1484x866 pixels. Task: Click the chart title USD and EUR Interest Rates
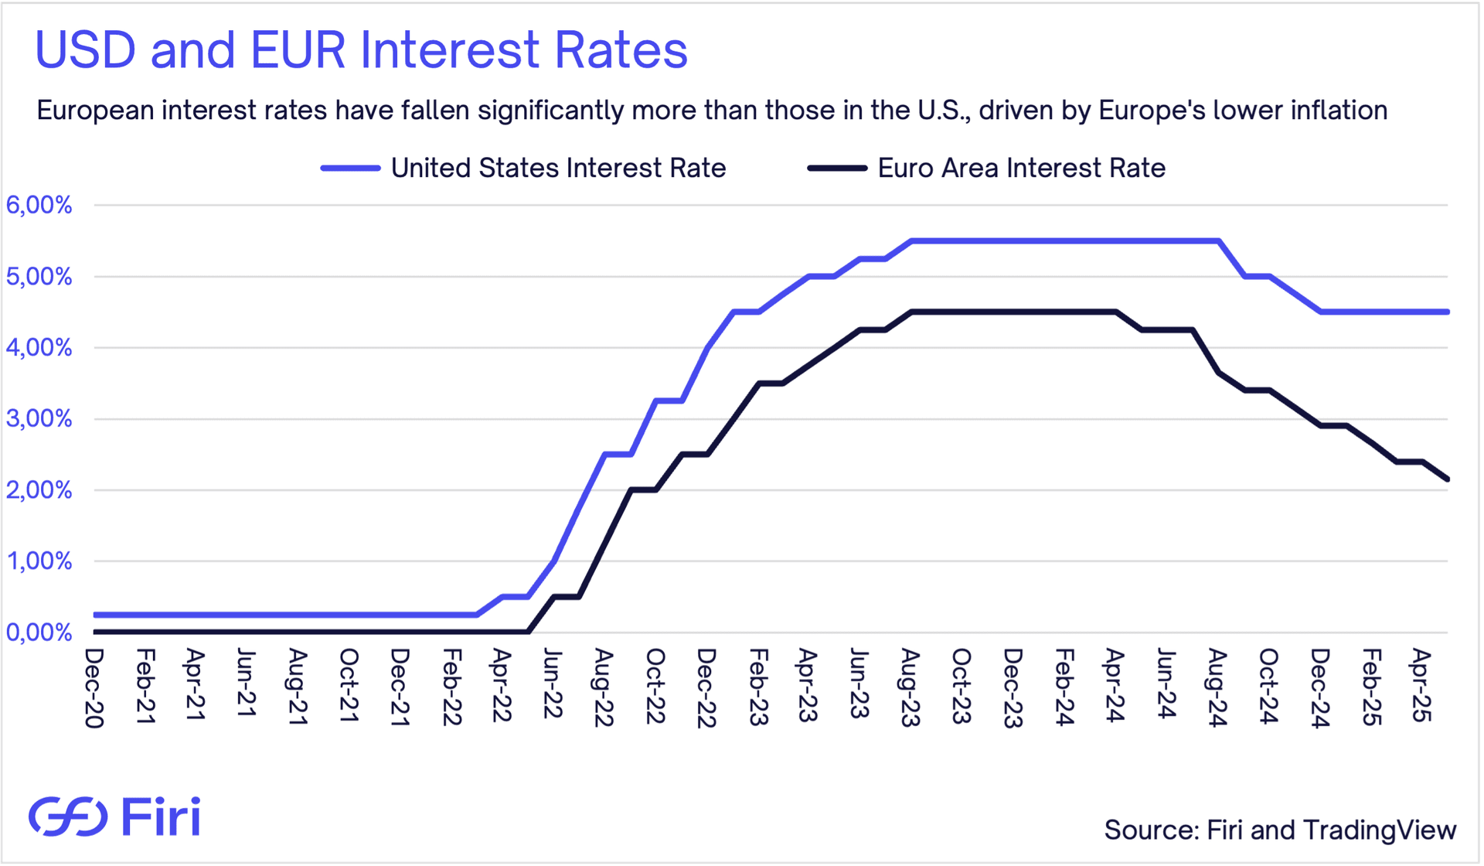[361, 50]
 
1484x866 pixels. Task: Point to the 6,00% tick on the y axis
[39, 206]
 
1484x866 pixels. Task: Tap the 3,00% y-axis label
[39, 419]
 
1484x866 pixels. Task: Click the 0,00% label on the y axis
[39, 633]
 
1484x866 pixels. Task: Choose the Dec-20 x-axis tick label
[94, 687]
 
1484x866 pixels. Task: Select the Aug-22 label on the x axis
[604, 687]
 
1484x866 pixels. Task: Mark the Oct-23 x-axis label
[961, 687]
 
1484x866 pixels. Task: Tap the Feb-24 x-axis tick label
[1064, 687]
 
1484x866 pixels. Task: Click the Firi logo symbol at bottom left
[68, 817]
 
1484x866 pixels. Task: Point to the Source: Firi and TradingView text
[1280, 830]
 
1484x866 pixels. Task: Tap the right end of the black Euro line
[1447, 479]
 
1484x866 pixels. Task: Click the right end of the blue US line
[1447, 312]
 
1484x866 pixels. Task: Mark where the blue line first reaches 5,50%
[911, 241]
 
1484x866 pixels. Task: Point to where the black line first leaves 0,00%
[529, 632]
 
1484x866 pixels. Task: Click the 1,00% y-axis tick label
[39, 561]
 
